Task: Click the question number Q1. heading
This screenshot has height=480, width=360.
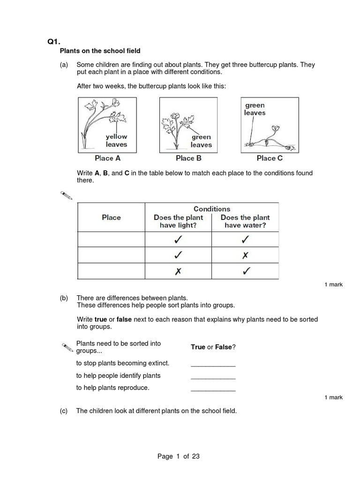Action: coord(54,42)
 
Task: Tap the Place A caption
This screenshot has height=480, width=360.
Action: coord(107,158)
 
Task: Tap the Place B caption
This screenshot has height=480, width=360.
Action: coord(188,158)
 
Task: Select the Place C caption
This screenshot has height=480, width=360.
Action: coord(270,158)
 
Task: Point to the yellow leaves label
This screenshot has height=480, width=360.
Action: coord(116,141)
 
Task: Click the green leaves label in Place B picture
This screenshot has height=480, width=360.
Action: coord(201,141)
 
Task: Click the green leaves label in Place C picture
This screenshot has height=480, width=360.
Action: coord(255,109)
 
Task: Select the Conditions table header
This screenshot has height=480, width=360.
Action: coord(212,209)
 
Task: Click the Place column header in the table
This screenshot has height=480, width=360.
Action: coord(111,217)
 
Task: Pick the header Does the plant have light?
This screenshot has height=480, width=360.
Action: coord(178,221)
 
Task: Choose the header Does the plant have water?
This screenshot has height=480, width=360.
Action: coord(245,221)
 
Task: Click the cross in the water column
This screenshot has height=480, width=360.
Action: coord(245,255)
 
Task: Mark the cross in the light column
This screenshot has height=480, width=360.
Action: coord(178,271)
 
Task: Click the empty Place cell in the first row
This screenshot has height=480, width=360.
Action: coord(111,240)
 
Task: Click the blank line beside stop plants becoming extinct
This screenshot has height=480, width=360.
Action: coord(213,364)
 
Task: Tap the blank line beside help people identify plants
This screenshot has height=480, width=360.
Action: coord(213,376)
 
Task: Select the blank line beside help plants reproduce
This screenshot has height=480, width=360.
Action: coord(213,388)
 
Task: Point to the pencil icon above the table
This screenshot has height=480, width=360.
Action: coord(67,195)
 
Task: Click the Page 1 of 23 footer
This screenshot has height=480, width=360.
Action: coord(179,456)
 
